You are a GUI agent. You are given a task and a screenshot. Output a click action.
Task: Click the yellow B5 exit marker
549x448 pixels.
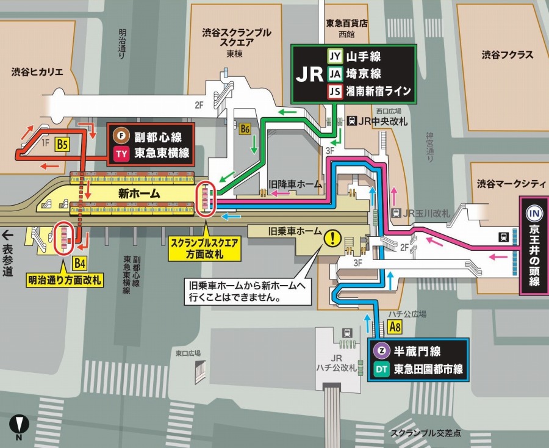click(63, 144)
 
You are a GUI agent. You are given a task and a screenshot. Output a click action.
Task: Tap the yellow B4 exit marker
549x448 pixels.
click(80, 264)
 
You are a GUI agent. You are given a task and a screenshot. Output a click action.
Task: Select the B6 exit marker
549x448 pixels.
click(245, 129)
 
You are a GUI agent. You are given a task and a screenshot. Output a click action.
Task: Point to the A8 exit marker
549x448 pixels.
click(395, 327)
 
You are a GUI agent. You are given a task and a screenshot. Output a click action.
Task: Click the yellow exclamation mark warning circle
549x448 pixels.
click(333, 237)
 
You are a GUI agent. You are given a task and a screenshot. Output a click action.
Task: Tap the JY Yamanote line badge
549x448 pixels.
click(335, 56)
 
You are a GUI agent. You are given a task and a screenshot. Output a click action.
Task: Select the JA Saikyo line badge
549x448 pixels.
click(335, 74)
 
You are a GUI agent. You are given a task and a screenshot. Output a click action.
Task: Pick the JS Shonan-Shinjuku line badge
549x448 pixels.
click(335, 92)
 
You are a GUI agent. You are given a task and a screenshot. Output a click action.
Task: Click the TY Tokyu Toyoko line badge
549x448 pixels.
click(121, 154)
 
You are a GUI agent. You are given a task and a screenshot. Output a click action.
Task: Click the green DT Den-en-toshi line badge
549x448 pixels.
click(381, 369)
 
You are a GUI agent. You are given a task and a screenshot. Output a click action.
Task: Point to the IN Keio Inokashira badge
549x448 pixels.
click(534, 213)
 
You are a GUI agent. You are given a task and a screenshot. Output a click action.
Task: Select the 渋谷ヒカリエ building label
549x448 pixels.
click(37, 72)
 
